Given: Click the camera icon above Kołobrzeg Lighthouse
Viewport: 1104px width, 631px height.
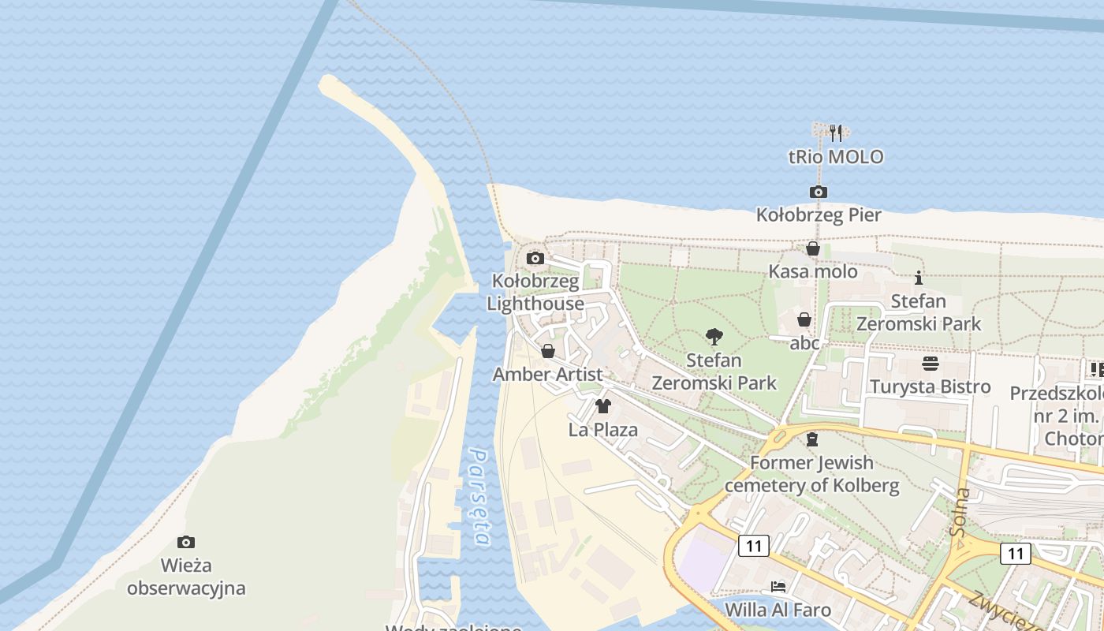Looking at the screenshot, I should [535, 258].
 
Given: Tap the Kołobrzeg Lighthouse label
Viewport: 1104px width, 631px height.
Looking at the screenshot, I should [535, 293].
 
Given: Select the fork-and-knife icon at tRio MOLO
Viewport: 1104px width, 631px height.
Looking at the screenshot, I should [836, 133].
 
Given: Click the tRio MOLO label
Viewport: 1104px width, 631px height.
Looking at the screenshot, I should [836, 157].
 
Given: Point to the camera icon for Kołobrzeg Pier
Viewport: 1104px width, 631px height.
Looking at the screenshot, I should [819, 192].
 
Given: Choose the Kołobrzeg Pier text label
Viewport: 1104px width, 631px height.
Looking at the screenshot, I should [819, 215].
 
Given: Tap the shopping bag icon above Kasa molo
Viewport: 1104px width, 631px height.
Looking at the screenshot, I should [813, 249].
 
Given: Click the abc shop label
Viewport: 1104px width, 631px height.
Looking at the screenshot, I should [804, 343].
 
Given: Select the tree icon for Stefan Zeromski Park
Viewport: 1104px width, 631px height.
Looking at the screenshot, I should [714, 337].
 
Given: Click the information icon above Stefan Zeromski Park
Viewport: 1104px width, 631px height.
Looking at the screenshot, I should [919, 278].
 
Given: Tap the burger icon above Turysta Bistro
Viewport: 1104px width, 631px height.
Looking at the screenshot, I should [931, 364].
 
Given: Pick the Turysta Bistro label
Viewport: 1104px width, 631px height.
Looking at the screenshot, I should [931, 386].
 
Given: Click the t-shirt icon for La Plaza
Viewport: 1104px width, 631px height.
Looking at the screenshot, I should [603, 406].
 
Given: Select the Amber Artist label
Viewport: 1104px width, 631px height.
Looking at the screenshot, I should [547, 375].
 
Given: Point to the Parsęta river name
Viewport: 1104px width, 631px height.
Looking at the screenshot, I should [479, 497].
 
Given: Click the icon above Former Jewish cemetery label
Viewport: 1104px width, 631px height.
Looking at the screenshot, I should [812, 439].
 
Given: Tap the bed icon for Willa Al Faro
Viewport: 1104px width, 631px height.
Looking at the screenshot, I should [778, 587].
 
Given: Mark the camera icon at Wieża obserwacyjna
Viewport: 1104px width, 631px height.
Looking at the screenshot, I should [186, 542].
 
